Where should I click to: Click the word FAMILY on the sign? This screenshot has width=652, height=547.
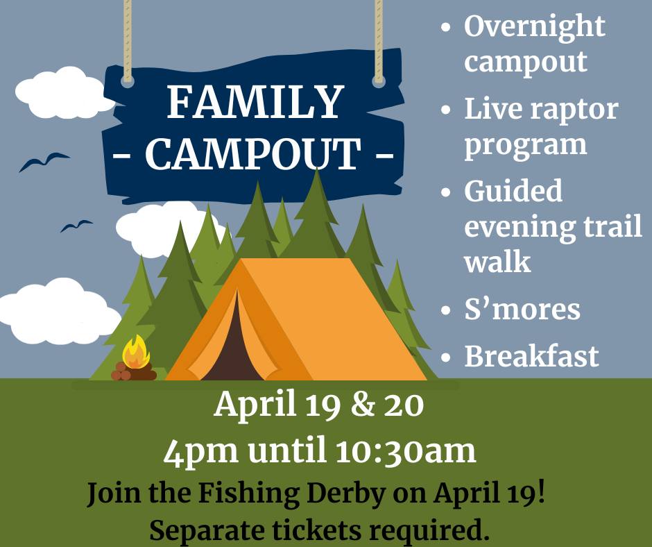[x=255, y=103]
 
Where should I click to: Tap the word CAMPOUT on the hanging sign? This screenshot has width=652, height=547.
[x=253, y=154]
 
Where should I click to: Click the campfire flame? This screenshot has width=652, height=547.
[x=136, y=352]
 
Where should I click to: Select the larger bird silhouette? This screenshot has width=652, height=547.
[x=44, y=162]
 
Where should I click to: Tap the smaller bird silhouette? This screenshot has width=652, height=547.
[x=76, y=226]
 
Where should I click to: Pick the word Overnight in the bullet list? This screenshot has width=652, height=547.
[x=534, y=27]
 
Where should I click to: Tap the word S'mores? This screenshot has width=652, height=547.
[x=522, y=309]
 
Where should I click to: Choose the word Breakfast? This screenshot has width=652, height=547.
[x=531, y=356]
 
